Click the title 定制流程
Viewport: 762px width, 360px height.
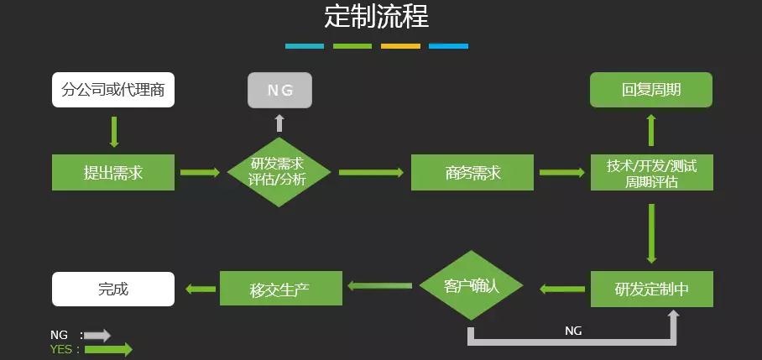pos(376,17)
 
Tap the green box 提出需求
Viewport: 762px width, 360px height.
pos(113,172)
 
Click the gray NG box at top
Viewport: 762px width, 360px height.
pos(279,90)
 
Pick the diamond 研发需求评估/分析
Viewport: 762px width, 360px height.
pos(279,172)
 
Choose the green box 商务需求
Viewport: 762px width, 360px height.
pos(472,172)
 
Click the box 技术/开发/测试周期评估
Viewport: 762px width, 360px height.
pos(651,172)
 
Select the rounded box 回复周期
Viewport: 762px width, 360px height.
pos(651,90)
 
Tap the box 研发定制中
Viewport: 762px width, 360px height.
pos(651,289)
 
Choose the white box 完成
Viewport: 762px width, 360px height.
pos(113,289)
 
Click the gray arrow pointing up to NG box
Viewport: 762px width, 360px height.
pos(279,123)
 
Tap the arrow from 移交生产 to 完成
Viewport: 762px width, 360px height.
pos(199,289)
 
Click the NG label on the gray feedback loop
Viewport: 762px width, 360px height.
pos(573,331)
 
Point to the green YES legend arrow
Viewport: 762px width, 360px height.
pos(108,349)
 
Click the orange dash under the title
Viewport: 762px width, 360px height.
pos(400,46)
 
